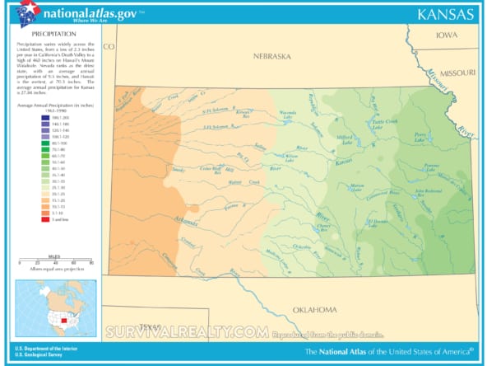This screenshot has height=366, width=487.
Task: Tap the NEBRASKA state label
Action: tap(271, 56)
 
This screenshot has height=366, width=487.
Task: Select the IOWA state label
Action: tap(447, 35)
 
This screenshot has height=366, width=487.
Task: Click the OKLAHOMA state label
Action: tap(316, 309)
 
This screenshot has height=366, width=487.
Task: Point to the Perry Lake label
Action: tap(420, 137)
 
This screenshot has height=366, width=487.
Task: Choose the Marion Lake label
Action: tap(355, 189)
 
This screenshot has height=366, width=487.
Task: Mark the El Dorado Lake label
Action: tap(379, 222)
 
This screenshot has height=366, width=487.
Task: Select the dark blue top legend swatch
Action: tap(21, 117)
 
